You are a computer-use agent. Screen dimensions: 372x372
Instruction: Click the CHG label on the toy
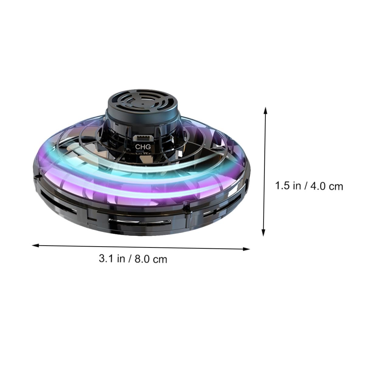(x=143, y=147)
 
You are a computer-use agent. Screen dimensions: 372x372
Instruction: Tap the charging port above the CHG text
(x=143, y=138)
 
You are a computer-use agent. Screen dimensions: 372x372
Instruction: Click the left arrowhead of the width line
(x=36, y=246)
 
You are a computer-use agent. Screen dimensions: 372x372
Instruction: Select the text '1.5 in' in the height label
(x=288, y=186)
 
